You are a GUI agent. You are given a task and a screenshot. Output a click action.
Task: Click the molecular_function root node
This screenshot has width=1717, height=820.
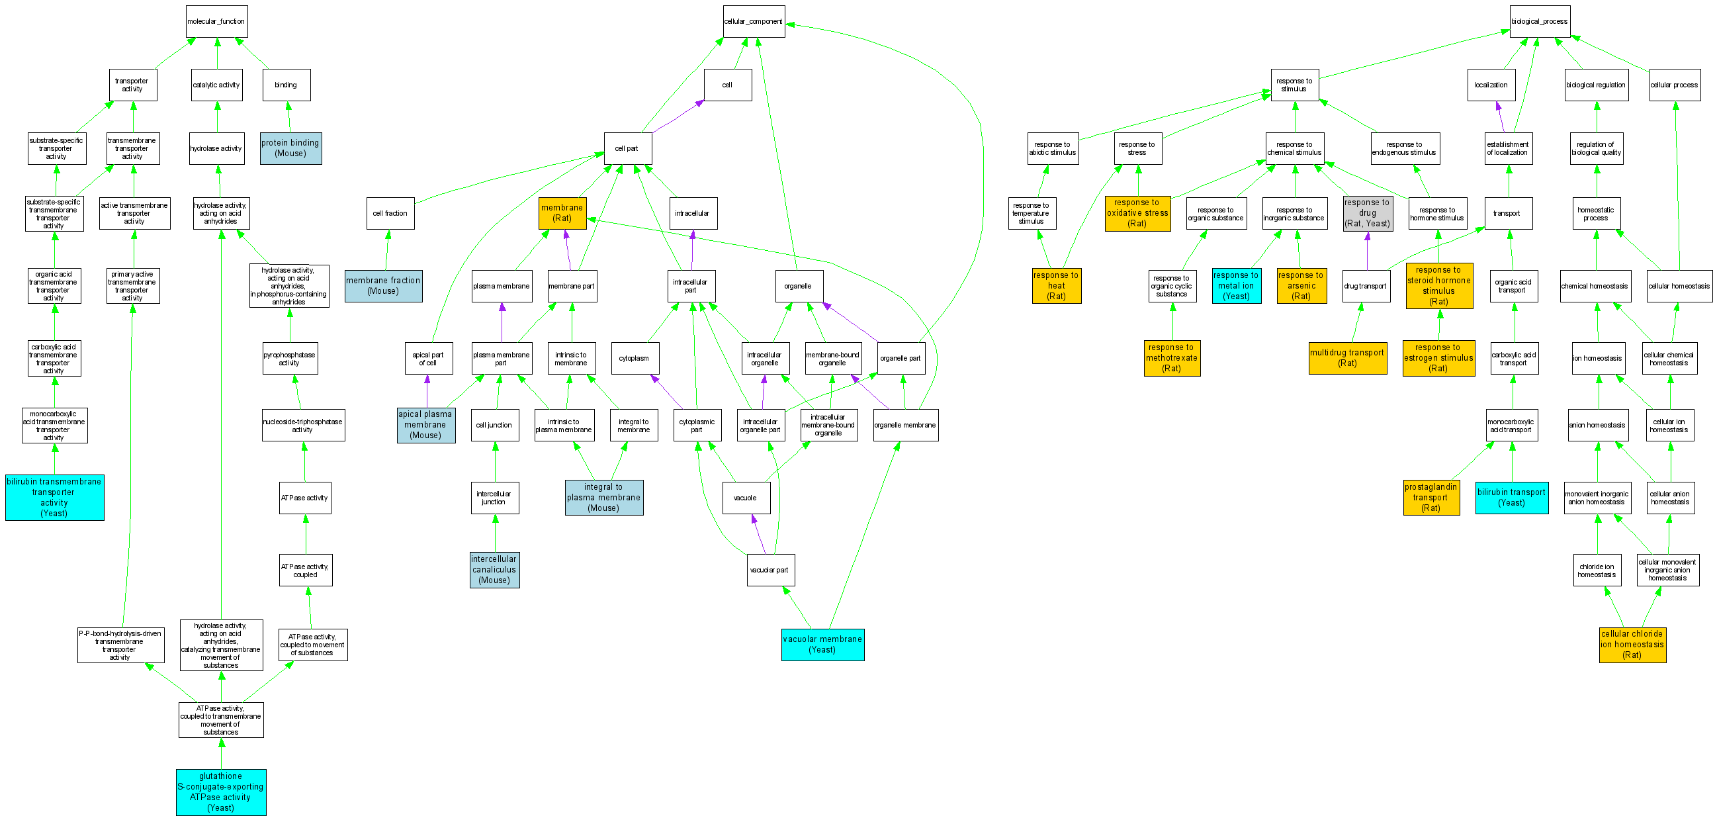point(216,21)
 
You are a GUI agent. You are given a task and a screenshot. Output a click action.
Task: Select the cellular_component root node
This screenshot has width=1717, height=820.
point(753,21)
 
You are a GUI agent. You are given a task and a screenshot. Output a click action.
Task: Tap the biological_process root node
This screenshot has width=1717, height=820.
point(1539,21)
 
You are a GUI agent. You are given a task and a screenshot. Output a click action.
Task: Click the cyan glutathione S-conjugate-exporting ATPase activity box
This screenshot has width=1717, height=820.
point(220,792)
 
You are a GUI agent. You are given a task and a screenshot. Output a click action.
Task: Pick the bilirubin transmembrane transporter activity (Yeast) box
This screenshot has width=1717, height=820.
point(54,497)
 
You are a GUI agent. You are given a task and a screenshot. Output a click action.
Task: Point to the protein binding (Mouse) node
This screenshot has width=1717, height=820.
point(290,148)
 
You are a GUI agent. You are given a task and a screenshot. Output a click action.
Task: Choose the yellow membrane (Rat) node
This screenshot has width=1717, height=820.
point(562,212)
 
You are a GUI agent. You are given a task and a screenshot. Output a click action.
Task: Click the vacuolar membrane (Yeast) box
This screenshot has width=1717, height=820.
point(822,644)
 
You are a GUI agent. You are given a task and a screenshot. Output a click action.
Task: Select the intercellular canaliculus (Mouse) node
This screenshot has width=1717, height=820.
point(494,569)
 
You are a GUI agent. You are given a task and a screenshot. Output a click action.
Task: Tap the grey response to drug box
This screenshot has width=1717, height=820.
point(1367,212)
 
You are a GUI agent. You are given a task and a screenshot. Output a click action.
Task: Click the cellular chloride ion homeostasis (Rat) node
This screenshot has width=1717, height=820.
point(1632,644)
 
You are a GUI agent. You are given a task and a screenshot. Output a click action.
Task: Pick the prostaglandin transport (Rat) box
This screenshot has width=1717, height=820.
point(1431,497)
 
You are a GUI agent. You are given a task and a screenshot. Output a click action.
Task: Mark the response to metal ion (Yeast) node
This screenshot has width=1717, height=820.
point(1236,285)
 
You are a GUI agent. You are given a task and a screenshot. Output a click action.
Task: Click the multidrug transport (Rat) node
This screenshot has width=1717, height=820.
point(1347,357)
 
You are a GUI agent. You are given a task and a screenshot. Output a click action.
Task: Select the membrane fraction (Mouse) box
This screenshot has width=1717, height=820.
point(383,285)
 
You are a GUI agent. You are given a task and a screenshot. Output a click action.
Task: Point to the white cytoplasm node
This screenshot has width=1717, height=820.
point(635,358)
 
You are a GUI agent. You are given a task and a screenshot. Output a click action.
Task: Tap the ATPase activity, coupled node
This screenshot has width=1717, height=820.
point(305,570)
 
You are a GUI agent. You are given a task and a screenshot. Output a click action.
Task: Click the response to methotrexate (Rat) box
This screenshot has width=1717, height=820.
point(1172,357)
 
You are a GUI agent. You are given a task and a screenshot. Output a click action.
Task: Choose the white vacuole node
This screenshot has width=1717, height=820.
point(746,498)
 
